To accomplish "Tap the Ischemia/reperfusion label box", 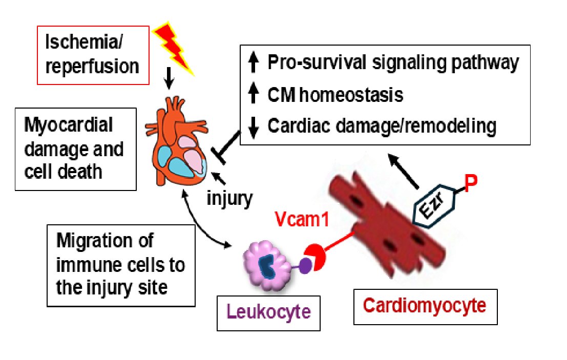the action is (x=93, y=55).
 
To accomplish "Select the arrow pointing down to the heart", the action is (x=169, y=78).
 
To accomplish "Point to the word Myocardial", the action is (x=68, y=125).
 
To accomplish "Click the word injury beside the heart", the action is (x=229, y=198).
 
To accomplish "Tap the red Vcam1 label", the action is (x=302, y=219).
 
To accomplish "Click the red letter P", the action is (x=470, y=184).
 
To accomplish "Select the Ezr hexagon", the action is (x=434, y=206).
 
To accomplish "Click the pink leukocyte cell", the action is (x=267, y=265).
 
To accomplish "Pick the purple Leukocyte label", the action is (x=268, y=311).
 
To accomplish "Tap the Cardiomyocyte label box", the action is (x=425, y=307).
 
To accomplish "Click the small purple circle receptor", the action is (x=306, y=266).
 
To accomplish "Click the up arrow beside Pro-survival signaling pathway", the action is (x=254, y=62).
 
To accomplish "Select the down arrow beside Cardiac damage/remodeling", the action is (x=254, y=128).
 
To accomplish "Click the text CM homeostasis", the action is (x=335, y=95).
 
